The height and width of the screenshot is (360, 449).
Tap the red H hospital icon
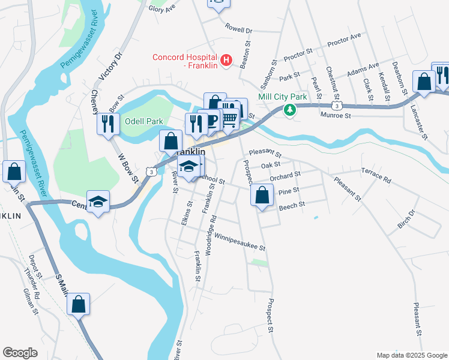coord(226,60)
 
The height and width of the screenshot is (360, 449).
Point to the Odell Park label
coord(143,121)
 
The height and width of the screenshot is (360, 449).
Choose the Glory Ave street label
coord(161,8)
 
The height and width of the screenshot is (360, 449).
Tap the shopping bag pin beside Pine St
coord(262,195)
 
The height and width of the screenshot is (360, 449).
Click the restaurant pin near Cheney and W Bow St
coord(108,124)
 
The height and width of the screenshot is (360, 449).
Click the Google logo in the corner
coord(20,353)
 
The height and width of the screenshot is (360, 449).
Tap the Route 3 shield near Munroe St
coord(339,106)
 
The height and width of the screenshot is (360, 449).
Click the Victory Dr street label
coord(110,66)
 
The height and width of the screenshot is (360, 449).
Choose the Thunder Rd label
coord(31,283)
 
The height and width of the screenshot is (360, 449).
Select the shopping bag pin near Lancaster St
coord(424,82)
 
